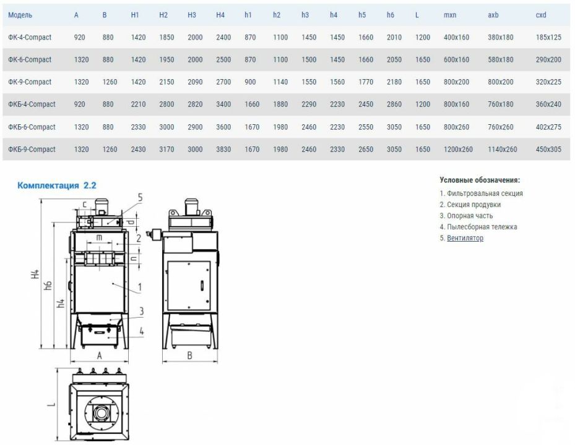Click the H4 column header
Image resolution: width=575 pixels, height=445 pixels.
[x=220, y=15]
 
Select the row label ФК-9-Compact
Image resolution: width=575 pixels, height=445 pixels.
[x=30, y=82]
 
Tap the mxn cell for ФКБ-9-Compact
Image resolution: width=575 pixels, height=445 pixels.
[x=458, y=150]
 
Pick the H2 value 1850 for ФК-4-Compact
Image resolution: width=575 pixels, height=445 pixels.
[x=166, y=37]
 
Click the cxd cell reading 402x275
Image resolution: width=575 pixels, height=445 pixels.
[x=548, y=127]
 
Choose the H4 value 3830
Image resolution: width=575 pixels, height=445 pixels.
[x=223, y=150]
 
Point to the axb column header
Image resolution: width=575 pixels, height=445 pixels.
[x=493, y=15]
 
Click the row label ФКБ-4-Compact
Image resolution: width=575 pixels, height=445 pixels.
[x=32, y=104]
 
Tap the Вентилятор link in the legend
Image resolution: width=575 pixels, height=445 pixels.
[x=465, y=238]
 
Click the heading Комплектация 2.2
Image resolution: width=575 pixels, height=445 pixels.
[x=57, y=185]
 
